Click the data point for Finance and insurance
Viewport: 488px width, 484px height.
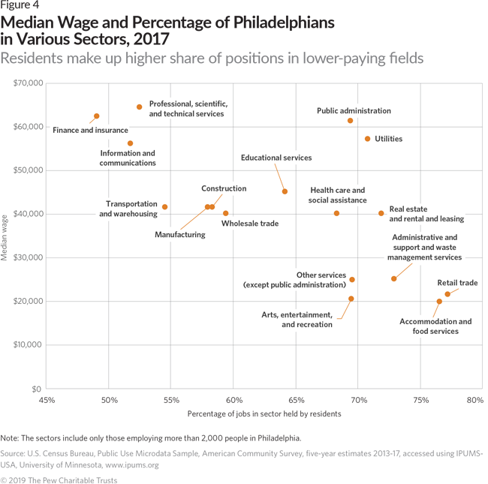point(97,116)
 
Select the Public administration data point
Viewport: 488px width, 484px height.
point(351,121)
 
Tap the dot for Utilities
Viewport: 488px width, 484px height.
point(367,139)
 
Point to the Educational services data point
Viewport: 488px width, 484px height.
point(285,191)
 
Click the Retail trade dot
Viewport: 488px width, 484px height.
point(447,294)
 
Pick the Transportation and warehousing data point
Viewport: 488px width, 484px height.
point(164,207)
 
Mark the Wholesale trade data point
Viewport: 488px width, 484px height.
point(225,213)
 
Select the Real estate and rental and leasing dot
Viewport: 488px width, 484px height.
point(381,213)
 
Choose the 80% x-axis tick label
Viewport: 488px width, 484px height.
point(474,400)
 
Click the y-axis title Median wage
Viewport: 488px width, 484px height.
point(5,236)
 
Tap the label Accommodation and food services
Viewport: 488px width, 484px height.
point(435,326)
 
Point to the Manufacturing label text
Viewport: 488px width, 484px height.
point(179,235)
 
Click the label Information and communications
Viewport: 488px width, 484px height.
point(128,158)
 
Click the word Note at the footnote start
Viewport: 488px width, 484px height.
point(11,437)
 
